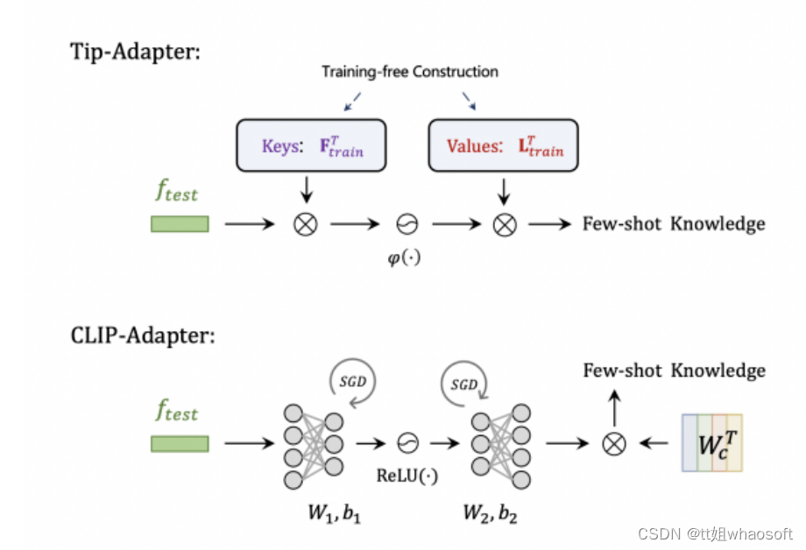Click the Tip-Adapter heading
point(135,51)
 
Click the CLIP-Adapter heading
point(142,335)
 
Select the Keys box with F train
point(311,145)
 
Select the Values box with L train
point(503,145)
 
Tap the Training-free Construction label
point(409,72)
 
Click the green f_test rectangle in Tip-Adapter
point(180,224)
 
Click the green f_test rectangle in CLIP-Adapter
point(180,444)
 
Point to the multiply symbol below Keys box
point(304,225)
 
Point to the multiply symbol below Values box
point(504,225)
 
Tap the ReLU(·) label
point(407,476)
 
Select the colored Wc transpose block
point(711,442)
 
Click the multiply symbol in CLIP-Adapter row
point(614,444)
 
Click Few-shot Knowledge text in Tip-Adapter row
point(673,224)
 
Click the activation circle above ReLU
point(407,444)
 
